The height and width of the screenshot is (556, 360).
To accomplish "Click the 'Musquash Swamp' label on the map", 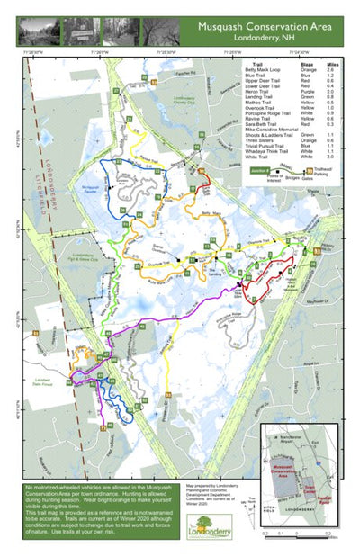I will (90, 190).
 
